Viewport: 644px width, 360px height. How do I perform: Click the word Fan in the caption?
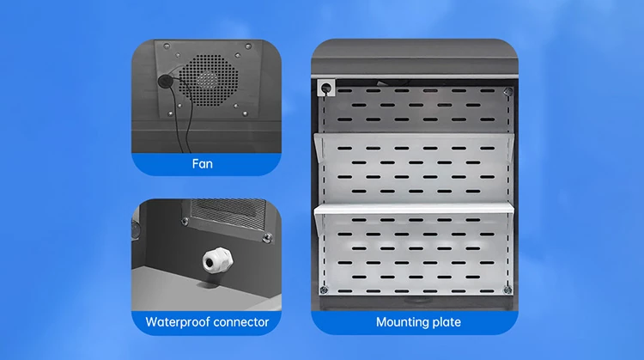[202, 164]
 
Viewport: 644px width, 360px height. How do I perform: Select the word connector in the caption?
[238, 322]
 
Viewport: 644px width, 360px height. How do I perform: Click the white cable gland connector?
[217, 260]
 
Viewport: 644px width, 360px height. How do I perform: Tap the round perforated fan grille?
[209, 80]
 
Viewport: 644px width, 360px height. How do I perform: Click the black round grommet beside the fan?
[164, 81]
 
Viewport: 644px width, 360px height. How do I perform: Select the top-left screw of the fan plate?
[167, 46]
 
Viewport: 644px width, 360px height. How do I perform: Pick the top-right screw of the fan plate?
[248, 46]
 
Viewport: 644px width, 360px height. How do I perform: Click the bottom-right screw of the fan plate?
[246, 113]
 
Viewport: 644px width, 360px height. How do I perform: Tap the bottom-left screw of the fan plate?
[170, 113]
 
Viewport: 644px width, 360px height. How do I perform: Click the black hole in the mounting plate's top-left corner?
[326, 88]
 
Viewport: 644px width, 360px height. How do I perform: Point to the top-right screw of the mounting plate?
[508, 91]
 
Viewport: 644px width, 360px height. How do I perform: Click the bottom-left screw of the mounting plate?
[324, 290]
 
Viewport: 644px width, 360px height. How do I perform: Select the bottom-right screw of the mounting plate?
[507, 290]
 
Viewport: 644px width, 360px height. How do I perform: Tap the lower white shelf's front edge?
[414, 210]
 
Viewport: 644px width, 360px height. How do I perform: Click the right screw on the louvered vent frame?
[267, 237]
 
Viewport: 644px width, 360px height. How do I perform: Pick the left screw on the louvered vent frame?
[185, 222]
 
